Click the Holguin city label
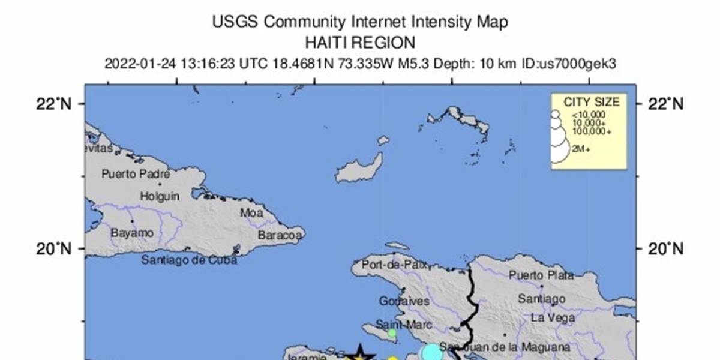[x=160, y=196]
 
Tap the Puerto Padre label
[x=136, y=175]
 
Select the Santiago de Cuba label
[x=190, y=260]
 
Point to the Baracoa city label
[x=280, y=235]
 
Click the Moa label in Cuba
[x=251, y=212]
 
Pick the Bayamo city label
[x=132, y=232]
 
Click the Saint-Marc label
[x=395, y=325]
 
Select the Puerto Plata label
[x=541, y=275]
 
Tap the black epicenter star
[x=359, y=354]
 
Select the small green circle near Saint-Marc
[x=391, y=333]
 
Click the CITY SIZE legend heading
[x=591, y=102]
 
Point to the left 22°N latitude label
[x=55, y=104]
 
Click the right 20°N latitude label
[x=665, y=248]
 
